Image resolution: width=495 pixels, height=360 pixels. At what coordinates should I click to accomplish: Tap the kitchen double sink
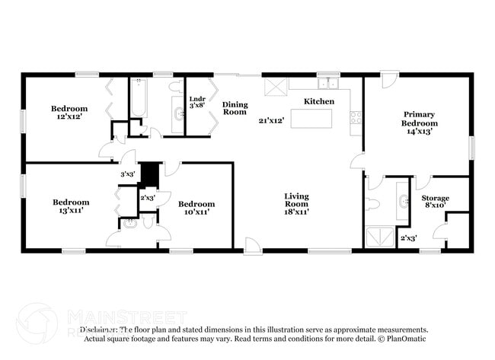(x=328, y=84)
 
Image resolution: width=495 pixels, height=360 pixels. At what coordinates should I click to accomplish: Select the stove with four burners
(x=355, y=117)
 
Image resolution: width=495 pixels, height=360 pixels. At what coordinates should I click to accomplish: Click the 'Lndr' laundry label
(x=196, y=98)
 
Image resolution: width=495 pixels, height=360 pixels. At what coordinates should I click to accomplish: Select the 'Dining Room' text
(x=235, y=107)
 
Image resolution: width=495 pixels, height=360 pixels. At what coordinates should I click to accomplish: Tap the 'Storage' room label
(x=436, y=199)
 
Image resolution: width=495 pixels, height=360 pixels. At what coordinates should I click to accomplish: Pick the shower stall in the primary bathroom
(x=378, y=238)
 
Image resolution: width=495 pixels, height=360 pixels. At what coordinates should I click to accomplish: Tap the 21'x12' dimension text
(x=271, y=120)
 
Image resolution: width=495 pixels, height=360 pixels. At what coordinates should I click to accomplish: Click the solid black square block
(x=150, y=173)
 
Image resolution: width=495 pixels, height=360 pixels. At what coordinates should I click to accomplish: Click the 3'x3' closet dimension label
(x=127, y=174)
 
